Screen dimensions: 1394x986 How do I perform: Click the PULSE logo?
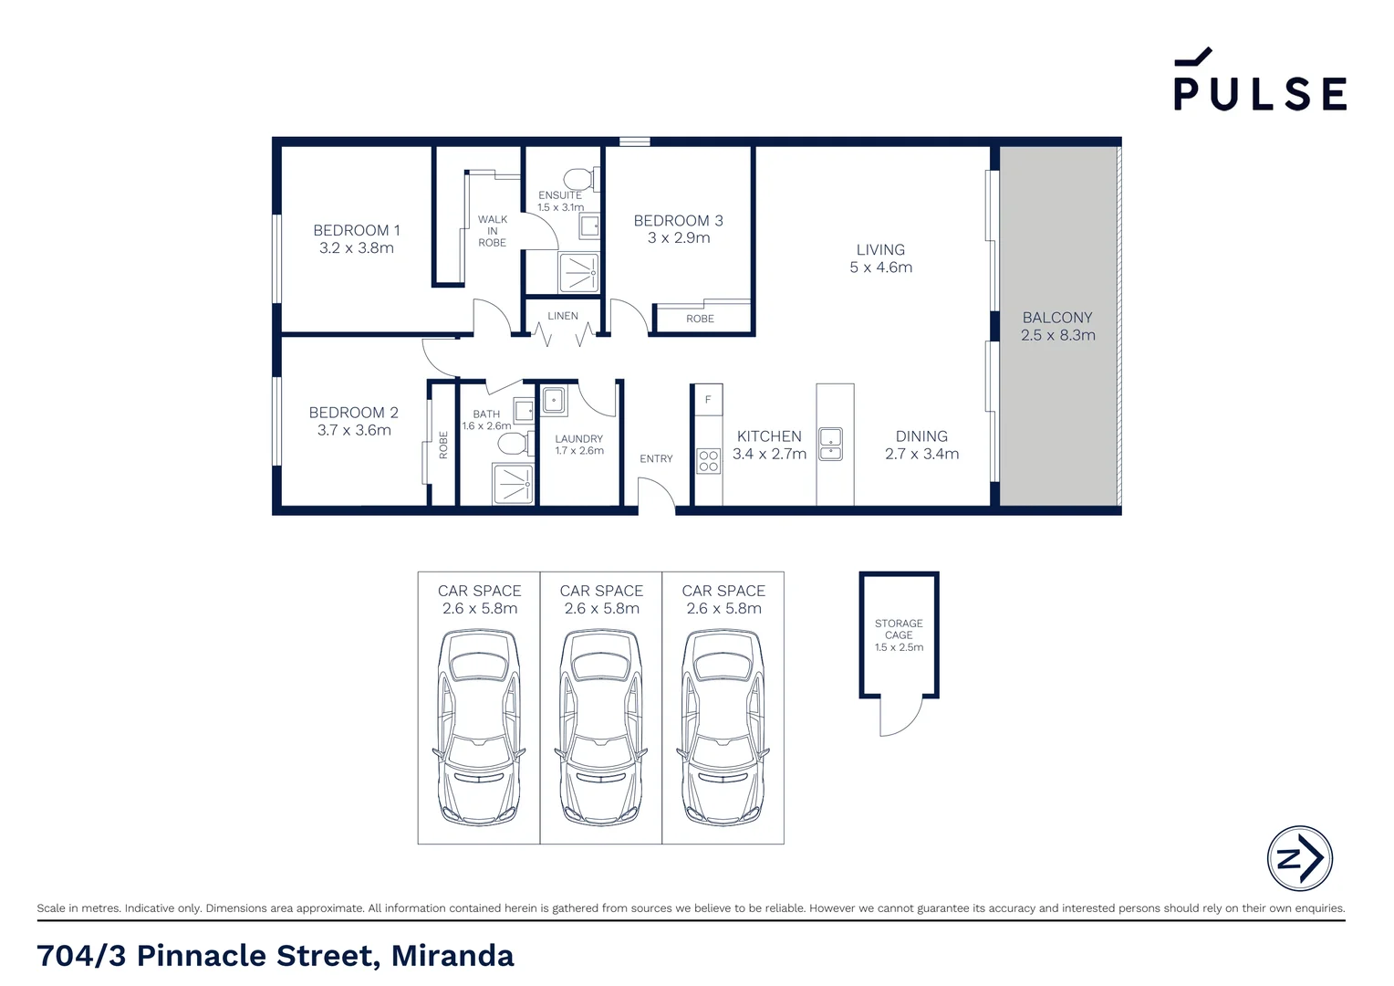(1260, 79)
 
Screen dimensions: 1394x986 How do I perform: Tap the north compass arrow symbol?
(1299, 858)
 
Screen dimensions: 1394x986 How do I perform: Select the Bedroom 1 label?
(356, 239)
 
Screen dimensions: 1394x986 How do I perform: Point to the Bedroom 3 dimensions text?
(679, 238)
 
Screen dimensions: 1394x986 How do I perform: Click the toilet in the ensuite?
(581, 179)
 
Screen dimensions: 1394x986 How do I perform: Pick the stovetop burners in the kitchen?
(708, 462)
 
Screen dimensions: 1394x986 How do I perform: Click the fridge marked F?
(708, 400)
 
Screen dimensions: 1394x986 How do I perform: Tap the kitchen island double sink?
(831, 444)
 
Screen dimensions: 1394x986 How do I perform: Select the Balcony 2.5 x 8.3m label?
(1058, 326)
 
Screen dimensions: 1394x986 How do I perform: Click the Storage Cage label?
(899, 635)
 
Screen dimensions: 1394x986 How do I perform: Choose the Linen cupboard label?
(563, 316)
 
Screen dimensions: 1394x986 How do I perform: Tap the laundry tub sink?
(553, 401)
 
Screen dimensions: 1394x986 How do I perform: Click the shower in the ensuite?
(578, 273)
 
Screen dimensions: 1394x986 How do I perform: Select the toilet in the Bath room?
(515, 444)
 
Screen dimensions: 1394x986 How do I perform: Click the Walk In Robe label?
(493, 231)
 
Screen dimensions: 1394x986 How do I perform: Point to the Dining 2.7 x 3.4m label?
(921, 445)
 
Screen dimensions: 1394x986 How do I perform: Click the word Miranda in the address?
(453, 956)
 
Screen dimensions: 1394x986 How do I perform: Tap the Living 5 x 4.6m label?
(880, 258)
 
